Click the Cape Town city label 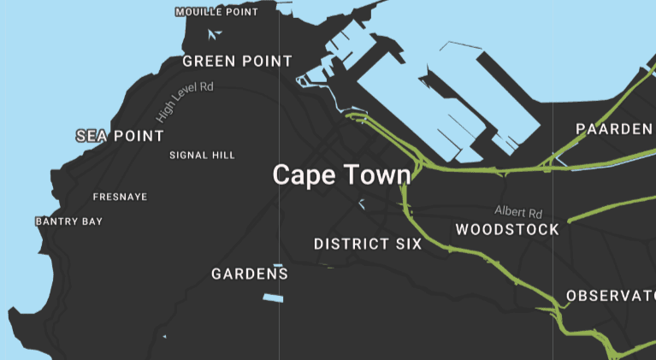341,175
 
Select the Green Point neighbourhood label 237,62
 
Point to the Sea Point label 120,136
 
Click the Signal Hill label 202,156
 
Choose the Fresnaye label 120,198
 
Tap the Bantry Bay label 68,222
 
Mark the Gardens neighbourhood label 250,274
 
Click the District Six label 368,245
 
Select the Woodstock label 507,230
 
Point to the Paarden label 613,129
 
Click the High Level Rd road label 185,101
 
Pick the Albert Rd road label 518,212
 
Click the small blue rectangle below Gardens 272,298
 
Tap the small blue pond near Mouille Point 215,35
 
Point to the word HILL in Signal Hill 222,156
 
